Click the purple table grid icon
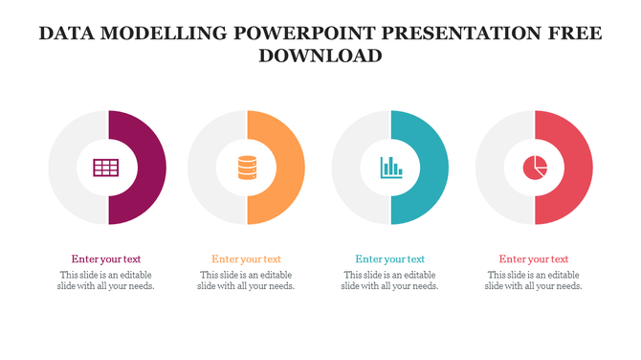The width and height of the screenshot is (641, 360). [x=105, y=169]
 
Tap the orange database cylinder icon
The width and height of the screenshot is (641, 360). [x=247, y=169]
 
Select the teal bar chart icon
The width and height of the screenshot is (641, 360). [x=390, y=169]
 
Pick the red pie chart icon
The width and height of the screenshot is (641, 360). [x=534, y=169]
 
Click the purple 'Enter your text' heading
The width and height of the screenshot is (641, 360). [x=105, y=259]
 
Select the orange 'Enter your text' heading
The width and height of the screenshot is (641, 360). [x=246, y=259]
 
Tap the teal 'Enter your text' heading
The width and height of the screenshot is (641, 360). [x=389, y=259]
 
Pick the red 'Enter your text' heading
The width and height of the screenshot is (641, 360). [x=533, y=259]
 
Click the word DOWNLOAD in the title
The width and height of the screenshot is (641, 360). [x=320, y=56]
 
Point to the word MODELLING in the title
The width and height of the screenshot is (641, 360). [x=167, y=34]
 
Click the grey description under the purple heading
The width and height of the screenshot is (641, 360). [x=105, y=281]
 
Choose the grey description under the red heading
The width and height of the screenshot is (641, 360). [x=533, y=281]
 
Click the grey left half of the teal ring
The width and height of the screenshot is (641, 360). [x=350, y=169]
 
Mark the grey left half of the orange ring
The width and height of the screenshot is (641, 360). [x=207, y=169]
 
